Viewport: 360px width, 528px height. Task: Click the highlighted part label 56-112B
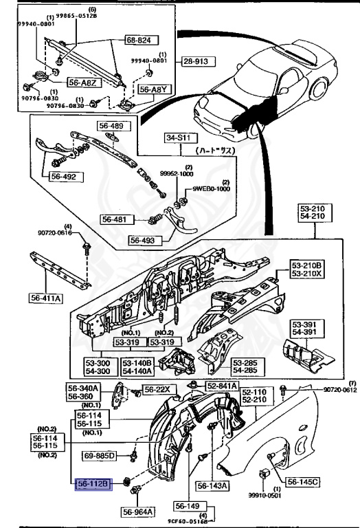click(92, 485)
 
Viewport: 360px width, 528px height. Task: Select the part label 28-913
click(198, 62)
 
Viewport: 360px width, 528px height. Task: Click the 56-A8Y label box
click(153, 89)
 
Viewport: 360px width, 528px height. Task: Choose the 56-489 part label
click(112, 126)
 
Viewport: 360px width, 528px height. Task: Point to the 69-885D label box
click(101, 455)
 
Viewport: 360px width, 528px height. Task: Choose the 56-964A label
click(139, 511)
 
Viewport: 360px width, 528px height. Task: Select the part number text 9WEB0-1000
click(211, 188)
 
